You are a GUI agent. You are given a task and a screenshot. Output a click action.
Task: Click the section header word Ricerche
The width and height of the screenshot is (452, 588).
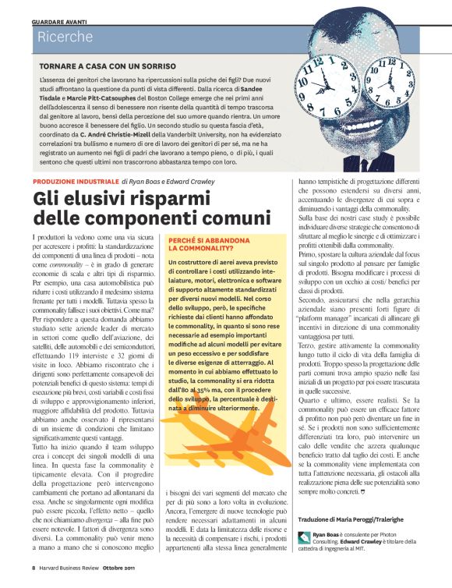point(65,37)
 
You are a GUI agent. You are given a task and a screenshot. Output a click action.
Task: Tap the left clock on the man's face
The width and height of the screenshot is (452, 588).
point(333,86)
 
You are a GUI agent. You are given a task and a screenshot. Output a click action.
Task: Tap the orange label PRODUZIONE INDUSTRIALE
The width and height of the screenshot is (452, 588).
point(76,180)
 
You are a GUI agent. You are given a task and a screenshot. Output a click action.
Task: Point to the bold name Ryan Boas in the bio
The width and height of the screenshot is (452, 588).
point(327,535)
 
